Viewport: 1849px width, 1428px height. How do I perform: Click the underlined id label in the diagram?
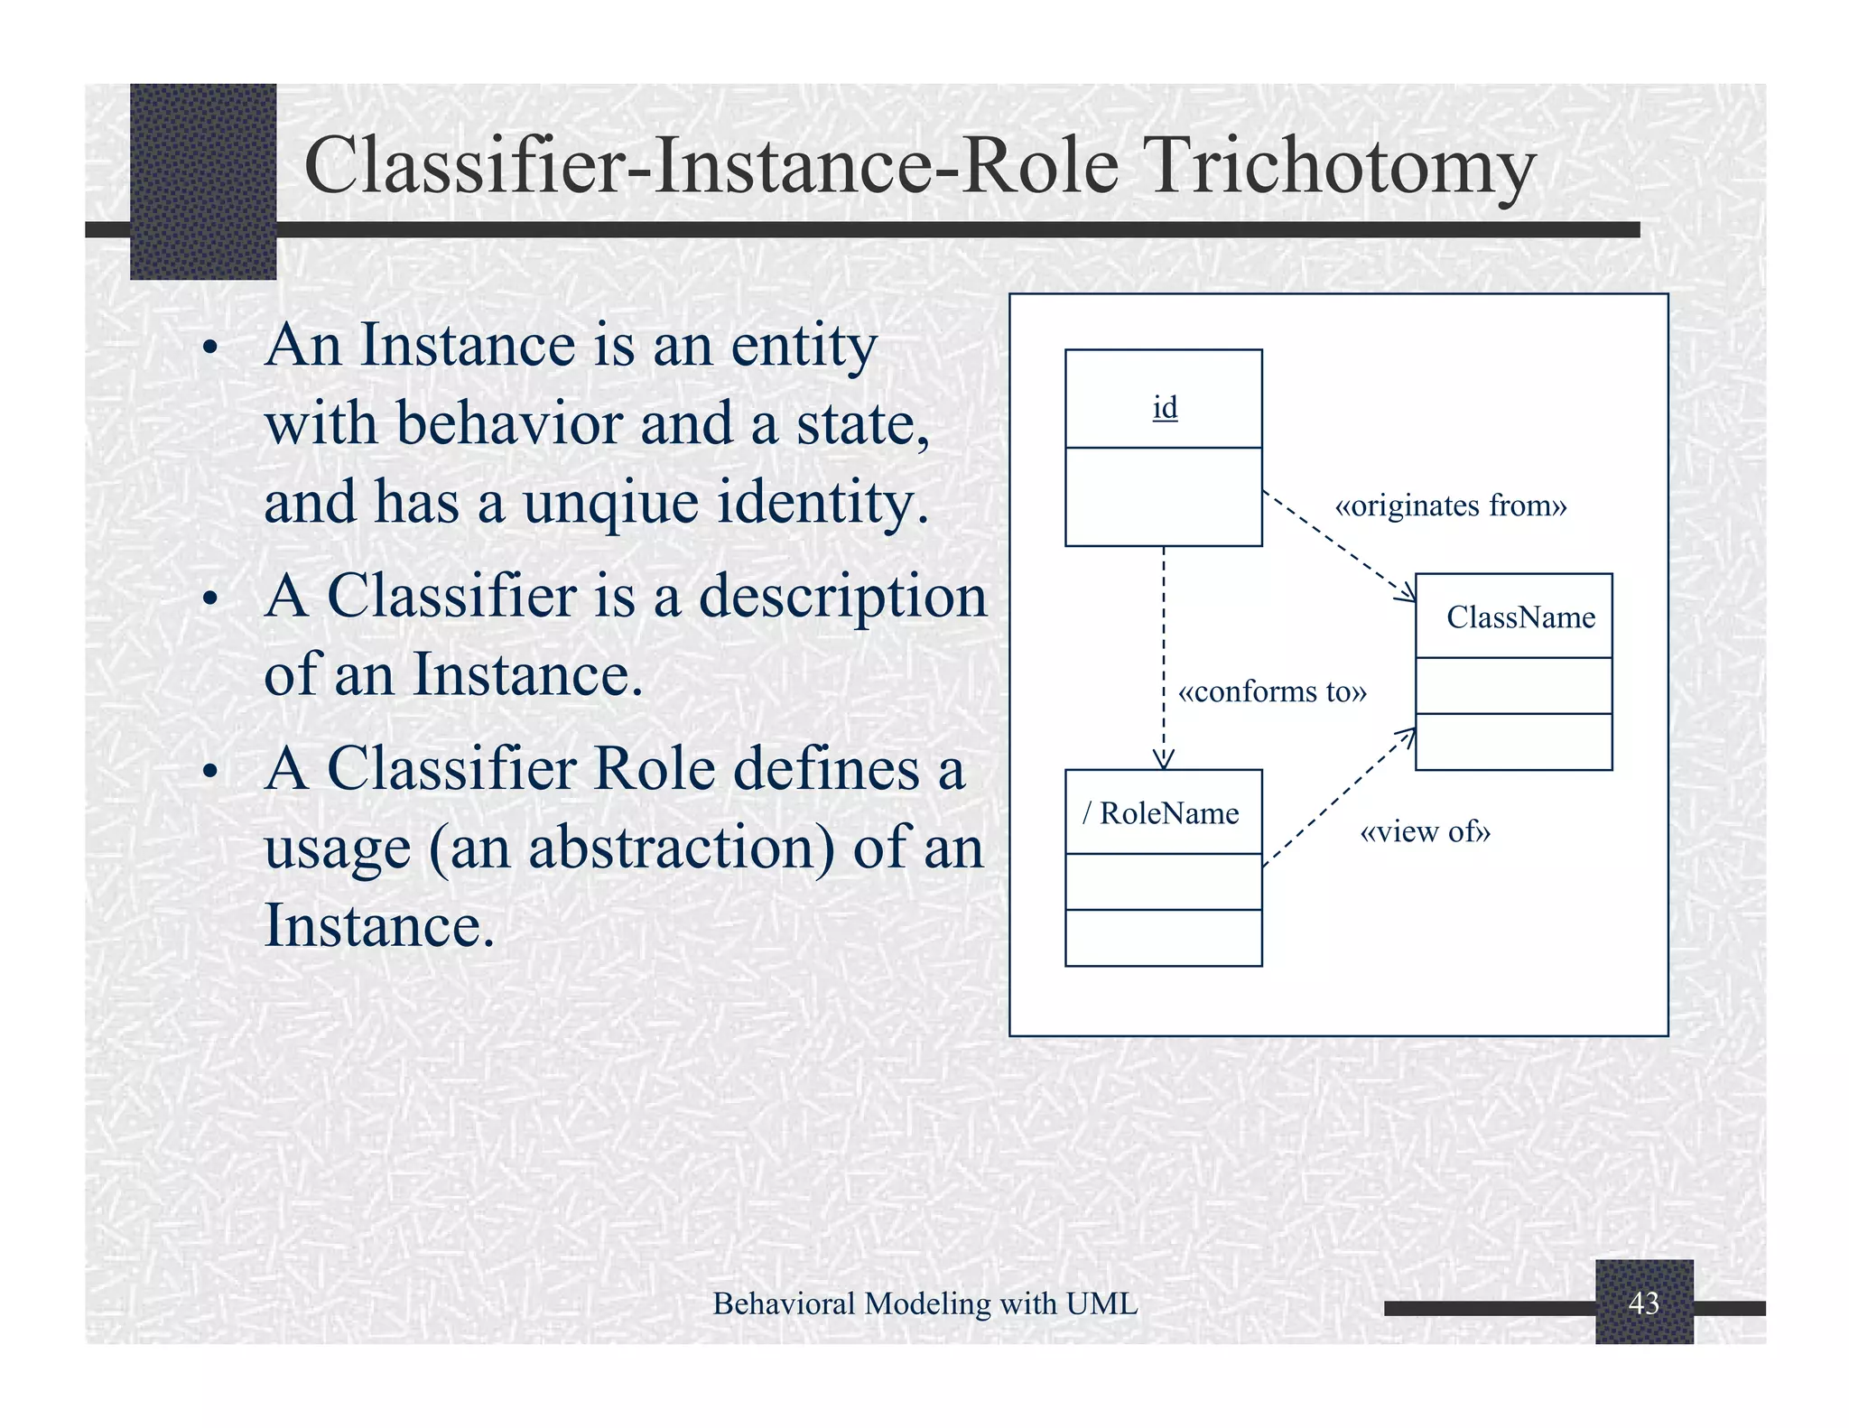[x=1165, y=408]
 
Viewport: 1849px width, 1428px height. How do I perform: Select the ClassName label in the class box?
[x=1520, y=617]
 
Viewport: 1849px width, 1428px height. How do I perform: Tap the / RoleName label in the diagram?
[x=1161, y=813]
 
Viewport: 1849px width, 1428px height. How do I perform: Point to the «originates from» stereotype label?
[x=1450, y=505]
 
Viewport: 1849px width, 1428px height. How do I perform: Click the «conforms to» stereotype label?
[x=1272, y=691]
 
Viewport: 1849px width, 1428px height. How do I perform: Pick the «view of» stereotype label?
[x=1425, y=831]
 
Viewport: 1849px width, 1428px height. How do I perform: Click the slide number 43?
[x=1643, y=1303]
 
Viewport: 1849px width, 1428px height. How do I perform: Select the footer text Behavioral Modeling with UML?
[x=924, y=1303]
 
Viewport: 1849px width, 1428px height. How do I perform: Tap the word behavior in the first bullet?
[x=509, y=423]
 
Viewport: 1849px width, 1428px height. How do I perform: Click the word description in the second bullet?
[x=843, y=597]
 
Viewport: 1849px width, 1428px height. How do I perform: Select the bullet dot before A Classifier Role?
[x=210, y=773]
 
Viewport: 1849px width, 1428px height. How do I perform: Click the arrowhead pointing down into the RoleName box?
[x=1164, y=760]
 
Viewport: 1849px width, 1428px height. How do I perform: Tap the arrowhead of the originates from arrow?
[x=1407, y=593]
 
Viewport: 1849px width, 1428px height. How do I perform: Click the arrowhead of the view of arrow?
[x=1407, y=737]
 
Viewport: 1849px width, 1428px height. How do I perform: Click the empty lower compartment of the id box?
[x=1163, y=496]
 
